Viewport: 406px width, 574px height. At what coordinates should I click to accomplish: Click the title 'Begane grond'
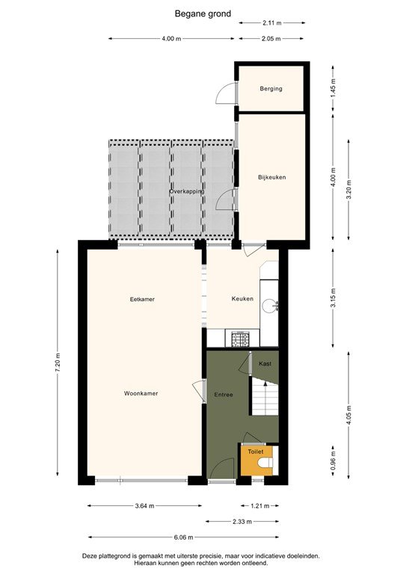[203, 13]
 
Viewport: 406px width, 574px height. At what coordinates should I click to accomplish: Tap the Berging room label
[271, 89]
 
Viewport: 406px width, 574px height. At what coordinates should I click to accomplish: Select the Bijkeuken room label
[272, 177]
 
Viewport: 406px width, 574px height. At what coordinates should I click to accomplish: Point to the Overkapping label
[186, 192]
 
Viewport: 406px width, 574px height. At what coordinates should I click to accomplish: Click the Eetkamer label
[142, 299]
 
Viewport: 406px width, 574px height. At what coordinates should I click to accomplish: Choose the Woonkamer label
[141, 393]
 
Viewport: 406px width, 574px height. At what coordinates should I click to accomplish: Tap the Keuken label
[242, 299]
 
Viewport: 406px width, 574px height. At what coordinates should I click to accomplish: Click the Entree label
[223, 394]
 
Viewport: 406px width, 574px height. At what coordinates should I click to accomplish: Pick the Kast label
[265, 363]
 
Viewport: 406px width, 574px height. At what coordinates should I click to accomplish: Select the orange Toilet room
[256, 460]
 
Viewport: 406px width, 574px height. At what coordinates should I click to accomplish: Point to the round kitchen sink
[274, 305]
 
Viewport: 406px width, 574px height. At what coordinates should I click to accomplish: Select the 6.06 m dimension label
[183, 537]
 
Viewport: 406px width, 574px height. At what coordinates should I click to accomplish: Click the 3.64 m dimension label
[144, 506]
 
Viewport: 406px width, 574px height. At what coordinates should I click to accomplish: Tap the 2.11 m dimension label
[272, 23]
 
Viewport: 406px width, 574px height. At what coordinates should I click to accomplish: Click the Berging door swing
[224, 93]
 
